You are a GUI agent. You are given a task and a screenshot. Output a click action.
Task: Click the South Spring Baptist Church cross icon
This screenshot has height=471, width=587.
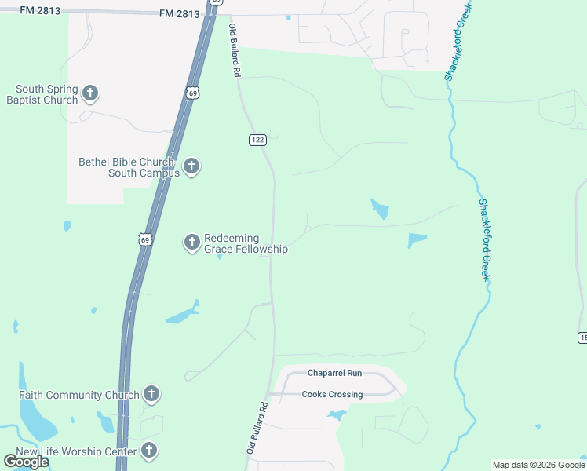[89, 93]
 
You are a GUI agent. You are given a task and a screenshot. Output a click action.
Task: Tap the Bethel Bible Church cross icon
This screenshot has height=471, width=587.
[191, 166]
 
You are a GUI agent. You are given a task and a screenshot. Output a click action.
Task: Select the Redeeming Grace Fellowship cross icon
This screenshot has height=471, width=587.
[191, 243]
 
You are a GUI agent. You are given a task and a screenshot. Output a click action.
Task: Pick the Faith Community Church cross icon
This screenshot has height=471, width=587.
[151, 394]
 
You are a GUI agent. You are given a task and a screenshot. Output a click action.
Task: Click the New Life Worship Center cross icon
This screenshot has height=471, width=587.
[148, 451]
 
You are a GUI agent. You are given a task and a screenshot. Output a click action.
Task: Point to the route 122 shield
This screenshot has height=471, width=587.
[258, 140]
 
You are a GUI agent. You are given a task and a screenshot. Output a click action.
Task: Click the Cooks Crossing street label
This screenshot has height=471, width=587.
[333, 394]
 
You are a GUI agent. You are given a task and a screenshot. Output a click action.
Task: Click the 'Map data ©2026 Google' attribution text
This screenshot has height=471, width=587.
[538, 465]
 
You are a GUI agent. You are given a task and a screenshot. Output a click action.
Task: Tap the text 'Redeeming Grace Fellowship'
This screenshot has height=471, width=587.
[246, 244]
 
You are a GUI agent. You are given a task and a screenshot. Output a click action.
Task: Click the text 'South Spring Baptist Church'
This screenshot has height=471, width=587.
[42, 94]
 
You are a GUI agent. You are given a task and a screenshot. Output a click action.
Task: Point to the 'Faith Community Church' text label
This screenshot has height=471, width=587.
[78, 395]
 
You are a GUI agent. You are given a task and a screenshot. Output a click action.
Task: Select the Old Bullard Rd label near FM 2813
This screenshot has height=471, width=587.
[234, 49]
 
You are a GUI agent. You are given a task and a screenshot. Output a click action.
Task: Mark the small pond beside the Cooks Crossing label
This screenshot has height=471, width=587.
[337, 414]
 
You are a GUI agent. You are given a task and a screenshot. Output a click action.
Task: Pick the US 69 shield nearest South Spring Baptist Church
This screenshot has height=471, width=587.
[192, 93]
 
